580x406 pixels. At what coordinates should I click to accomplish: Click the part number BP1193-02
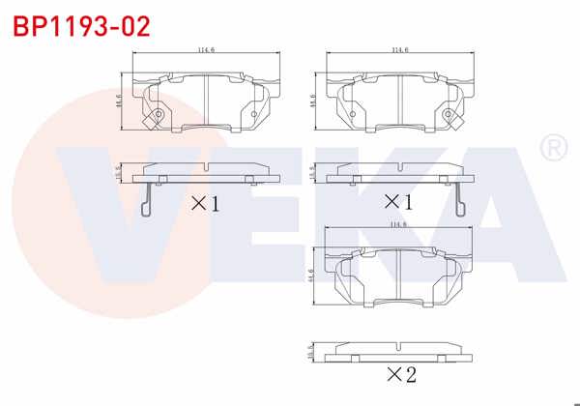pyautogui.click(x=80, y=26)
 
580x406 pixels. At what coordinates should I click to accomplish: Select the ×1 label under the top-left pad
pyautogui.click(x=205, y=204)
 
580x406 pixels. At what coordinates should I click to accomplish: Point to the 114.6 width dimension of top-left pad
pyautogui.click(x=206, y=49)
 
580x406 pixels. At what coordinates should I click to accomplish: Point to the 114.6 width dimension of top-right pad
pyautogui.click(x=399, y=49)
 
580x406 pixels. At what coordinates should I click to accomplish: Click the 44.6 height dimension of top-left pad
pyautogui.click(x=118, y=100)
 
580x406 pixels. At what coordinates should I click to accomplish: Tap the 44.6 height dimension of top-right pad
pyautogui.click(x=311, y=100)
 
